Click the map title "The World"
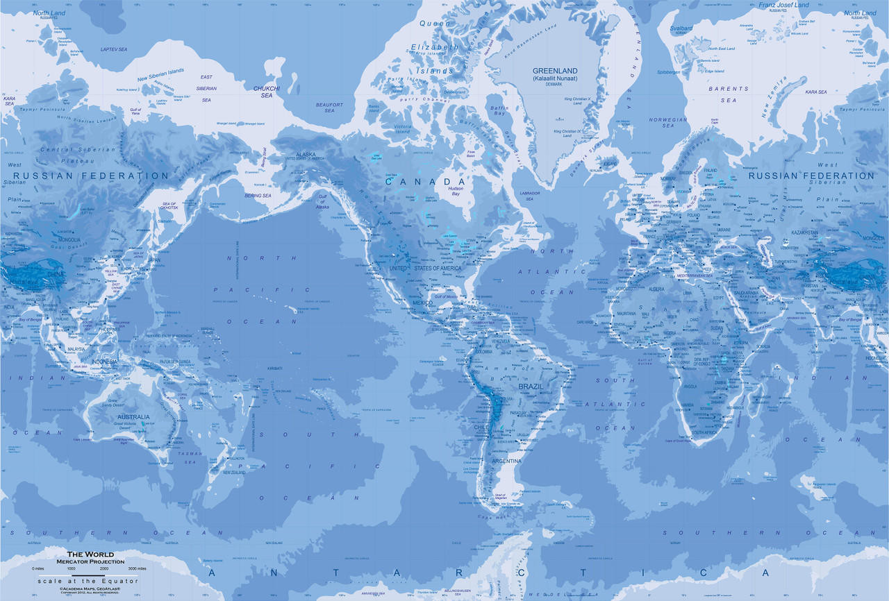point(96,554)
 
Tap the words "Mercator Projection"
point(96,561)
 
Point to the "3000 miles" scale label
point(137,568)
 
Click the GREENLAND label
point(555,71)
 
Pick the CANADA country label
point(425,181)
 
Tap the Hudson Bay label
point(456,191)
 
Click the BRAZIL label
point(531,386)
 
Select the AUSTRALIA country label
point(124,416)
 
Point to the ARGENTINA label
point(507,461)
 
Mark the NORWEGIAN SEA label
point(667,122)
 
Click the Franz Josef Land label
point(783,6)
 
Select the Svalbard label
point(681,28)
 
